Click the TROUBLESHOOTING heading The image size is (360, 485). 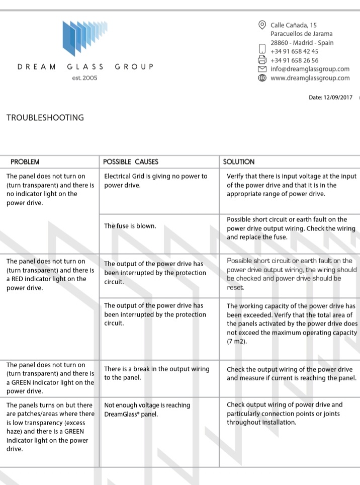45,118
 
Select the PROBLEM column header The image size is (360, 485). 25,162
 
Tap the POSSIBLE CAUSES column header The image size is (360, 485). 131,162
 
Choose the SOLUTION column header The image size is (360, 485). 239,162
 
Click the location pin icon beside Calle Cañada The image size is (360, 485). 261,25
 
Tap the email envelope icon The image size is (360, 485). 261,69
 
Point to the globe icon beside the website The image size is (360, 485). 261,78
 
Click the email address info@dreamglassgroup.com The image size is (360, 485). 310,69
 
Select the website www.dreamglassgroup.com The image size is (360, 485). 310,78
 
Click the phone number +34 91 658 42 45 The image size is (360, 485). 294,51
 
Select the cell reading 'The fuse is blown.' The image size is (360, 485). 130,226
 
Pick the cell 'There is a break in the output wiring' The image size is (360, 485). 156,373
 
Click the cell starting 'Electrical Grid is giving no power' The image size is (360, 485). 155,181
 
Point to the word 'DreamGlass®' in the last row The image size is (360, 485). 123,414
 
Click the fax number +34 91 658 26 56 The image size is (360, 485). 294,60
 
